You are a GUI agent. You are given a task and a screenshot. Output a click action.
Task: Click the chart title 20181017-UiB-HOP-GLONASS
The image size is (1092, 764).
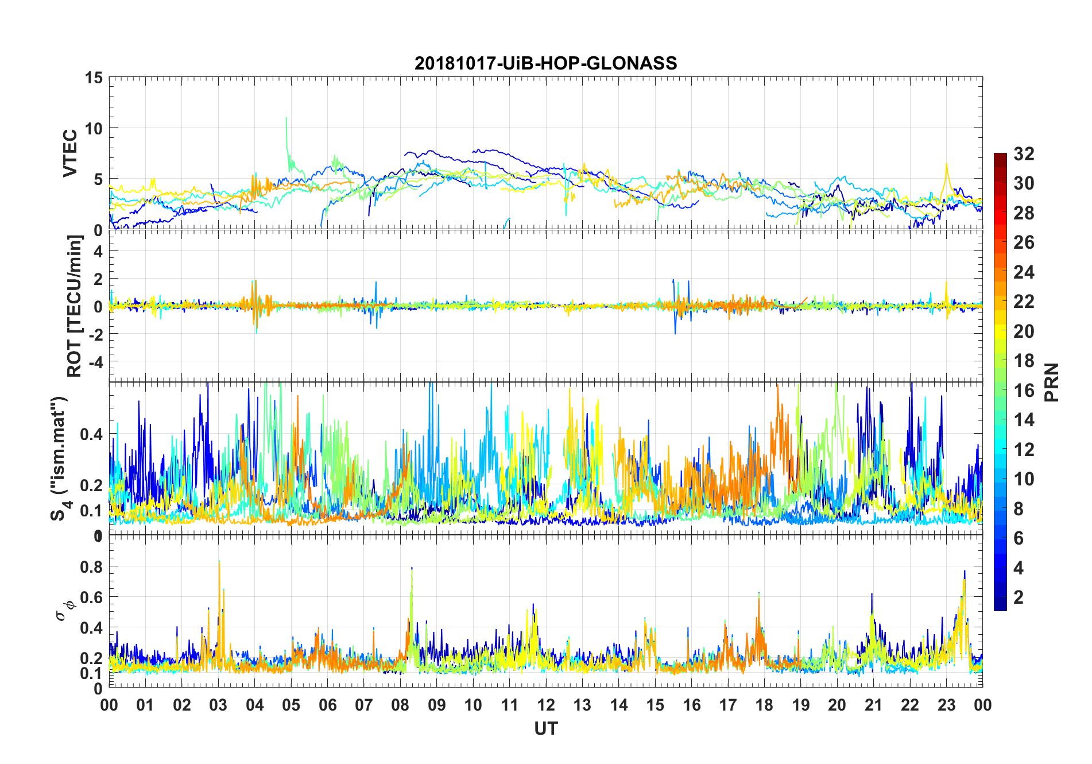coord(545,63)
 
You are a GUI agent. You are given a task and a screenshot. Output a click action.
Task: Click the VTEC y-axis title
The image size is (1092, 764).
coord(70,153)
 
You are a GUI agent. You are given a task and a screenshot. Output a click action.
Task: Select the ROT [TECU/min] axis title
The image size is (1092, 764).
coord(75,306)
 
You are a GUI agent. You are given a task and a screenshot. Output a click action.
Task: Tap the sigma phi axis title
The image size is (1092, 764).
coord(63,609)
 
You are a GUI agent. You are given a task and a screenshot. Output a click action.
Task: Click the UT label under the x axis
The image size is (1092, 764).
coord(545,728)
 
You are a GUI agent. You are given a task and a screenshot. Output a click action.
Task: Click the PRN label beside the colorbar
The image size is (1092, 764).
coord(1051,382)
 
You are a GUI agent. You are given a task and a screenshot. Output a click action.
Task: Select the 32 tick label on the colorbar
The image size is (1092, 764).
coord(1024,153)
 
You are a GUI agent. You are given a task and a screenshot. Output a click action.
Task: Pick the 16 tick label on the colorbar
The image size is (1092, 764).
coord(1024,391)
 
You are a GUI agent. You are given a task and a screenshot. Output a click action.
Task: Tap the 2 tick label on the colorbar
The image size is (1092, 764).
coord(1019,597)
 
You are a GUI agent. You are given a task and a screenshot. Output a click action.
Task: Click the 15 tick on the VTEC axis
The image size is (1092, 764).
coord(94,78)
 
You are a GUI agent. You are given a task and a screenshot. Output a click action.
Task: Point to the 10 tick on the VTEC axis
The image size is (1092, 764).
coord(94,128)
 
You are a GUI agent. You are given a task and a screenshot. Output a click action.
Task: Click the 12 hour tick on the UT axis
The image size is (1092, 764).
coord(546,705)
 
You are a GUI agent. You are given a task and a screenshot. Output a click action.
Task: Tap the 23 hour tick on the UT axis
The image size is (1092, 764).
coord(946,705)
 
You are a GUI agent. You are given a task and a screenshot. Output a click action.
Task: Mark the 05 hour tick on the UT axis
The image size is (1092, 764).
coord(291,705)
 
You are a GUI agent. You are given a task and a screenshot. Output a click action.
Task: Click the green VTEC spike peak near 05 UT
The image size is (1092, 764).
coord(286,118)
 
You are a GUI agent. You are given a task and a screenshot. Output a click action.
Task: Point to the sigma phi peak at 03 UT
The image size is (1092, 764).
coord(219,562)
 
